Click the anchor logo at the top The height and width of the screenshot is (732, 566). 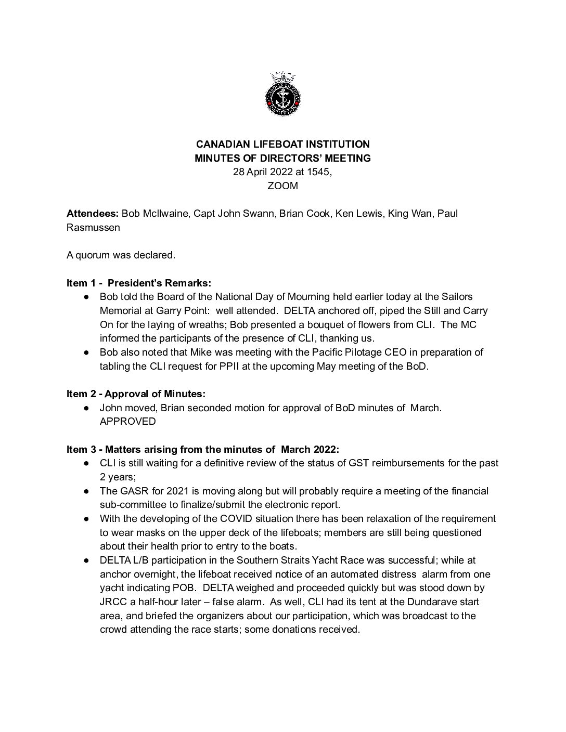pyautogui.click(x=282, y=94)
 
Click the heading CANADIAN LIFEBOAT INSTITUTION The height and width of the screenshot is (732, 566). pyautogui.click(x=282, y=144)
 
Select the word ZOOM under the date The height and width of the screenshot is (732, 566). pyautogui.click(x=282, y=186)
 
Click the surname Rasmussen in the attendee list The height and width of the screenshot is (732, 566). pyautogui.click(x=92, y=227)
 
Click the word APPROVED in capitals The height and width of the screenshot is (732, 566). pyautogui.click(x=127, y=422)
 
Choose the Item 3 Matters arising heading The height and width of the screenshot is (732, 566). pyautogui.click(x=202, y=449)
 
